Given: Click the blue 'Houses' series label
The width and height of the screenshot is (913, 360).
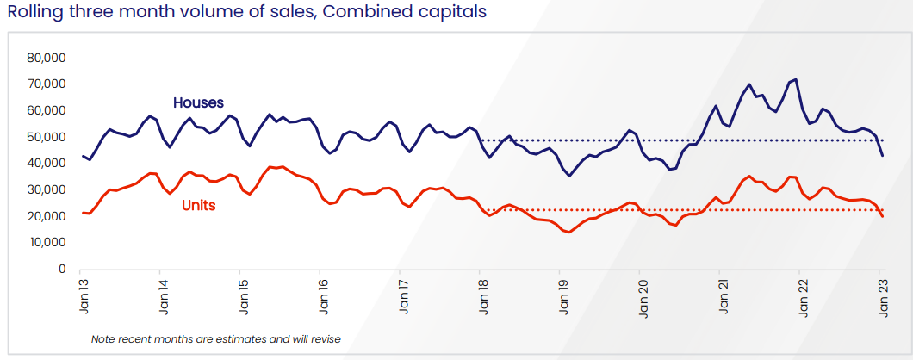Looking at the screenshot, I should pyautogui.click(x=198, y=102).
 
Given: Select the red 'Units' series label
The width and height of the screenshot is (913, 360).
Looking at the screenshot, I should pyautogui.click(x=198, y=206).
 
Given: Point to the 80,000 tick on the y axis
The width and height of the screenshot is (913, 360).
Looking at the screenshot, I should pyautogui.click(x=47, y=58).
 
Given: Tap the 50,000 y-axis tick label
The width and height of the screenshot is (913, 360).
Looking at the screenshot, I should pyautogui.click(x=47, y=137).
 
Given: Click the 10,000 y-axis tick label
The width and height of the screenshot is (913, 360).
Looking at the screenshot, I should pyautogui.click(x=47, y=243).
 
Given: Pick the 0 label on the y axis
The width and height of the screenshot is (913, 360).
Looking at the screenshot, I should pyautogui.click(x=62, y=269).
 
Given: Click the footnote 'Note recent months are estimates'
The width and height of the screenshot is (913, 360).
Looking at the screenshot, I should pyautogui.click(x=215, y=339).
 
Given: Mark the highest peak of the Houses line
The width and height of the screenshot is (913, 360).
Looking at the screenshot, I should pyautogui.click(x=795, y=79).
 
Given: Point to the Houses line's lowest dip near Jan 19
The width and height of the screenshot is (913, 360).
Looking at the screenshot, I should pyautogui.click(x=568, y=176).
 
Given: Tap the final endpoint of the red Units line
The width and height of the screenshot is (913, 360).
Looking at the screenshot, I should pyautogui.click(x=881, y=216).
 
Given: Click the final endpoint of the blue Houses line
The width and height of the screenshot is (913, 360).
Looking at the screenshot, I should pyautogui.click(x=881, y=156).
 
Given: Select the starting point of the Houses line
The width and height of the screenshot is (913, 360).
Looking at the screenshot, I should pyautogui.click(x=83, y=156).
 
